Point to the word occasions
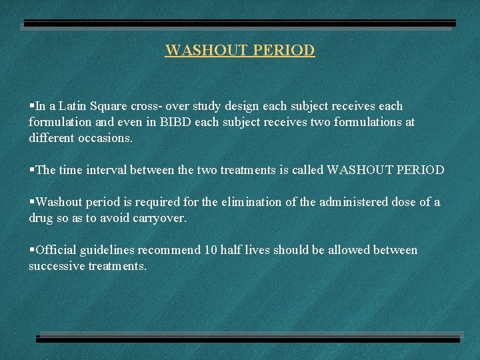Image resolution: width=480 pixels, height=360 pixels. coord(105,139)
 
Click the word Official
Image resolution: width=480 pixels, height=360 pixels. coord(57,250)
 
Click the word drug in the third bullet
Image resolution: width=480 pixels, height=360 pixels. coord(41,218)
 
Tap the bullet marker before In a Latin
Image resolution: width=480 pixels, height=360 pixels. coord(31,106)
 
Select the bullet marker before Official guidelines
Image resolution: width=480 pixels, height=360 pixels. coord(31,250)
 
